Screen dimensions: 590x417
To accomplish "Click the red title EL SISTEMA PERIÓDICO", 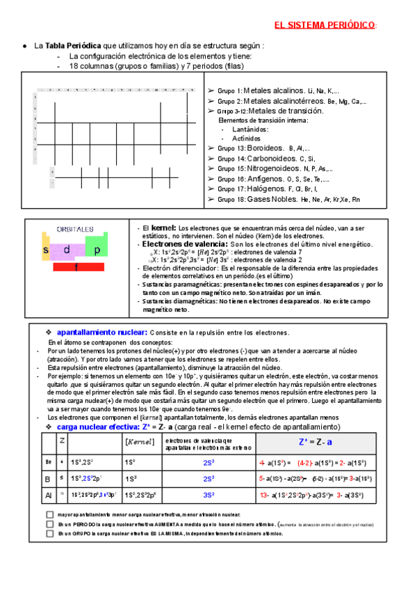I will [325, 25].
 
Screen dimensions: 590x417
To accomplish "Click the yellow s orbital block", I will [47, 250].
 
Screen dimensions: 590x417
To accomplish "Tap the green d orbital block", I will [67, 250].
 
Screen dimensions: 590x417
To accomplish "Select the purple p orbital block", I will [97, 250].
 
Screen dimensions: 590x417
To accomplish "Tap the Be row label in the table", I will [49, 461].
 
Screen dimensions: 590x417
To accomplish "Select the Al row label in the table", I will [49, 495].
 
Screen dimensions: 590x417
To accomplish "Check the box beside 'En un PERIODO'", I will [50, 524].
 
